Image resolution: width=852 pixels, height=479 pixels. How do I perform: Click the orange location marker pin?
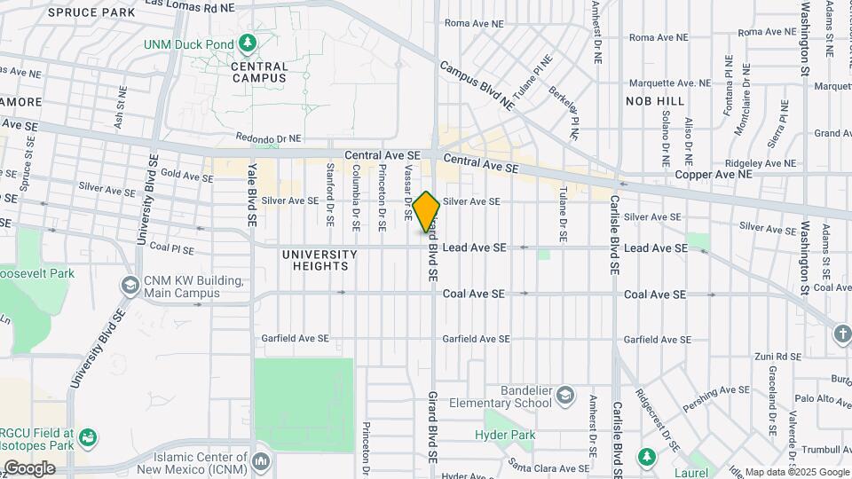point(426,212)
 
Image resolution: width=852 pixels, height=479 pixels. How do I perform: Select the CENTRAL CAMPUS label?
point(259,72)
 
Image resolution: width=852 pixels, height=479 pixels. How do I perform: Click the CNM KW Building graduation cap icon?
point(130,287)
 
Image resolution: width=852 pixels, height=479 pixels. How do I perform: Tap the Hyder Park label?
point(505,435)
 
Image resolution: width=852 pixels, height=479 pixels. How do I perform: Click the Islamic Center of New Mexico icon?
point(260,461)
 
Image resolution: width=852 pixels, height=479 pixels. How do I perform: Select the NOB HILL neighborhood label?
point(655,101)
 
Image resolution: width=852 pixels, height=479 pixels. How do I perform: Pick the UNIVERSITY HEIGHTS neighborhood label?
point(319,261)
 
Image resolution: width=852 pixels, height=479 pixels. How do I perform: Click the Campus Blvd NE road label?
point(477,85)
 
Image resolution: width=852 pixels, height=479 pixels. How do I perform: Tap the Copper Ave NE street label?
point(712,175)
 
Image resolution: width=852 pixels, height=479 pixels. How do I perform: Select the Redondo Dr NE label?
point(269,138)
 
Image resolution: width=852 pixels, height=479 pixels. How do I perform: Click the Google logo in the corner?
point(29,468)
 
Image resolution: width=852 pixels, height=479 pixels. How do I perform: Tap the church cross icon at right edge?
point(840,334)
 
